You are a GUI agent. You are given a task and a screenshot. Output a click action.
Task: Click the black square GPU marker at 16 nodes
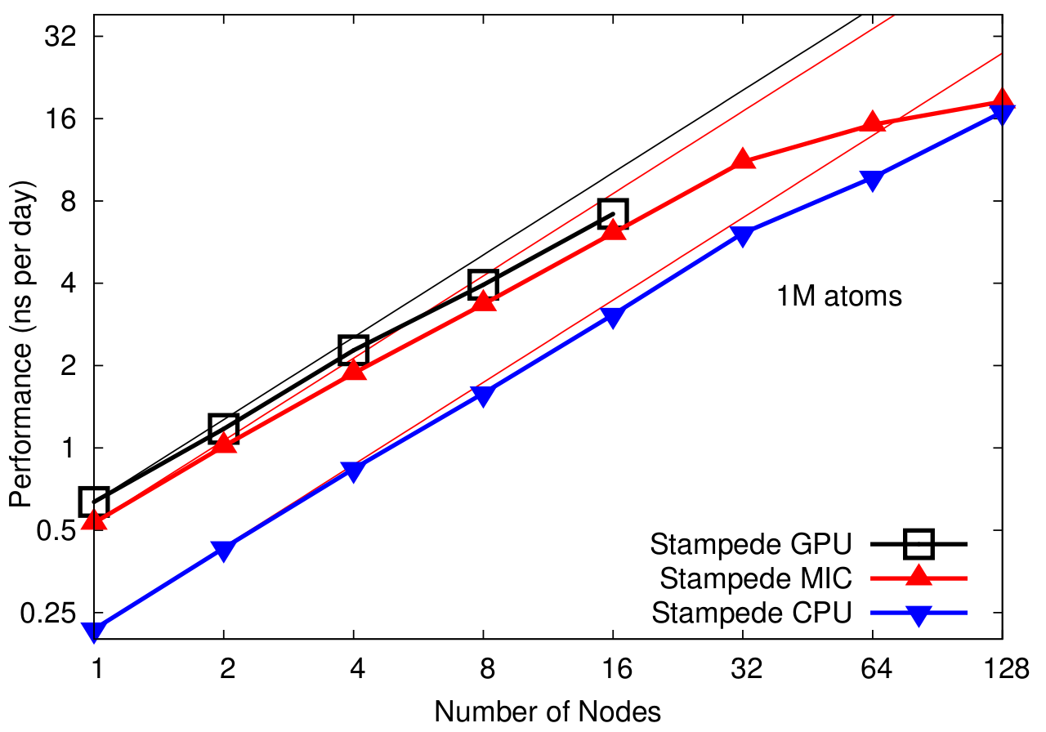tap(613, 213)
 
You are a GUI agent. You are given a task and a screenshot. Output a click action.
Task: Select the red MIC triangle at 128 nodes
tap(1002, 102)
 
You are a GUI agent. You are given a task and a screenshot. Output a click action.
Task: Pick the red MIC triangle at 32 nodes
tap(743, 159)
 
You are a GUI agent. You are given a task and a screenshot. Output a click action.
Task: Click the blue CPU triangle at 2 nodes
tap(224, 550)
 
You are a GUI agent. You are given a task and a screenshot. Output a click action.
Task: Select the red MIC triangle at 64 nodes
tap(872, 123)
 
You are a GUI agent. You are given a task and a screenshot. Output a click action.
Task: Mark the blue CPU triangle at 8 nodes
tap(483, 395)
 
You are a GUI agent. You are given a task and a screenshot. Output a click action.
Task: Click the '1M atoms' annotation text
tap(839, 296)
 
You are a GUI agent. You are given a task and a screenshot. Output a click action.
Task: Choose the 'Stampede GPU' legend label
tap(751, 543)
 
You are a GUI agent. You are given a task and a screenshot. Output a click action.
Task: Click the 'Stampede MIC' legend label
tap(756, 578)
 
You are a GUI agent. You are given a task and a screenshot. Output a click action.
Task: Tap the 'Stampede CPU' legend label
tap(752, 613)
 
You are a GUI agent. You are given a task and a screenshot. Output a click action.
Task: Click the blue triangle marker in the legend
tap(919, 615)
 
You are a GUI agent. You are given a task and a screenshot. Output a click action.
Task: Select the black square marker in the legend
tap(919, 542)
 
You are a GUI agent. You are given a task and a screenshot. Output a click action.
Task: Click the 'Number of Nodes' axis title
tap(548, 712)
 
